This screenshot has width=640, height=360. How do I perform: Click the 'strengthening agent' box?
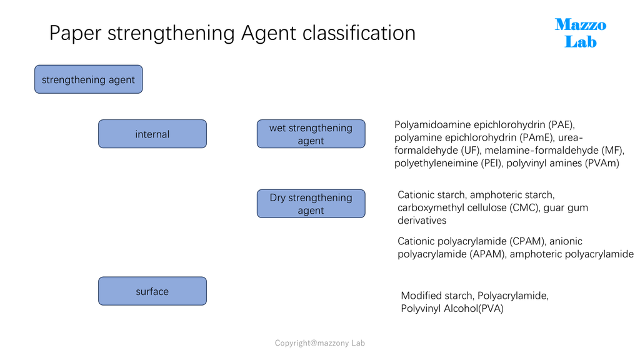(89, 79)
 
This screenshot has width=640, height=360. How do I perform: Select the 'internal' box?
(152, 134)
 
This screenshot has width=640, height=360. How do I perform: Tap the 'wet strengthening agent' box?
(311, 134)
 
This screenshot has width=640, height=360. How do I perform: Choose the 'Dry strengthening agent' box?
(311, 204)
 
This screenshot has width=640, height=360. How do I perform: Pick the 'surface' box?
(152, 291)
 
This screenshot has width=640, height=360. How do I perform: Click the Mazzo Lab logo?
(581, 33)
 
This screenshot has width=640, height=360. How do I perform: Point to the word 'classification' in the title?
(359, 32)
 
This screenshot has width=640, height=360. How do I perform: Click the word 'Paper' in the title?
(75, 34)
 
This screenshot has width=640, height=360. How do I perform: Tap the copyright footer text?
(320, 343)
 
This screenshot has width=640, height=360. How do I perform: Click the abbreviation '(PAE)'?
(561, 124)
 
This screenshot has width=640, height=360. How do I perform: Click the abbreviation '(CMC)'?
(524, 207)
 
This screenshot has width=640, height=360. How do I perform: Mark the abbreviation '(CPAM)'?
(527, 241)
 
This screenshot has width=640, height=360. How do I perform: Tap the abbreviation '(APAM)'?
(487, 254)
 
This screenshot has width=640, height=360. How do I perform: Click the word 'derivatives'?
(422, 221)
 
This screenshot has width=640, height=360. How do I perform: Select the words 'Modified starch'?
(437, 296)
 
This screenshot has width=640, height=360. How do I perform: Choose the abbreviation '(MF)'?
(612, 150)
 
